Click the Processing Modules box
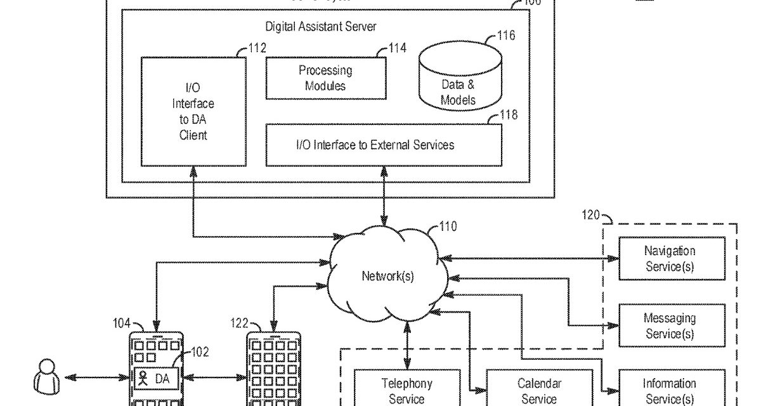click(x=325, y=78)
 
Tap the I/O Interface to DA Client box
click(x=193, y=112)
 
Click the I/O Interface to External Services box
click(x=383, y=145)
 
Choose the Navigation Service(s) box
click(x=672, y=259)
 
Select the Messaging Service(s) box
click(x=672, y=326)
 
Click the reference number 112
click(x=257, y=48)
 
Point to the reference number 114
click(x=398, y=48)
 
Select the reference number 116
click(x=506, y=36)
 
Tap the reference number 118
click(x=509, y=115)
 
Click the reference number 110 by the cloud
click(x=447, y=226)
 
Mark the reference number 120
click(x=591, y=215)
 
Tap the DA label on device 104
click(x=162, y=379)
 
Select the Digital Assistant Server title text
click(x=320, y=27)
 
